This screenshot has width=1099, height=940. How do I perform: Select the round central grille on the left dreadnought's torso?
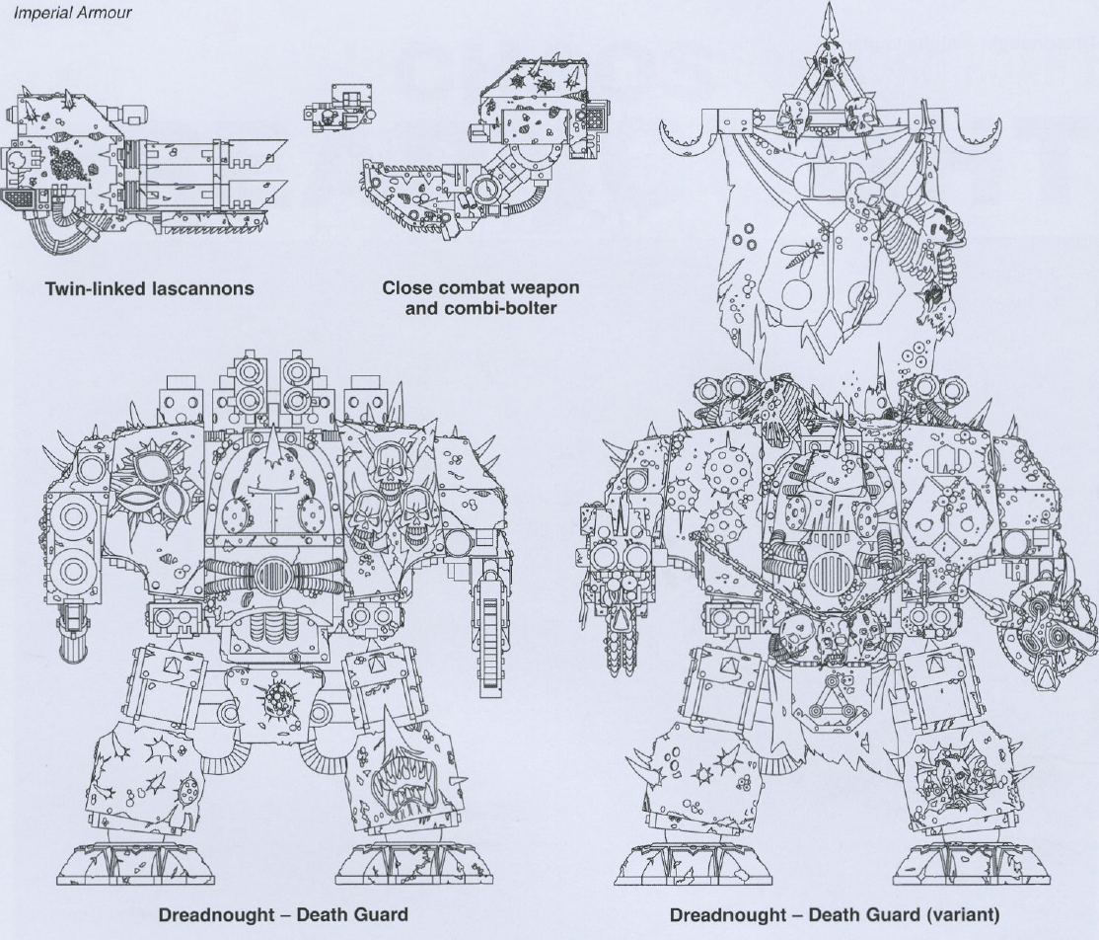click(269, 577)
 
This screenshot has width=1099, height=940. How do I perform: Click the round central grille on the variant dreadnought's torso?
click(829, 573)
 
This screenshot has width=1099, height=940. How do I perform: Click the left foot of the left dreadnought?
click(135, 863)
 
